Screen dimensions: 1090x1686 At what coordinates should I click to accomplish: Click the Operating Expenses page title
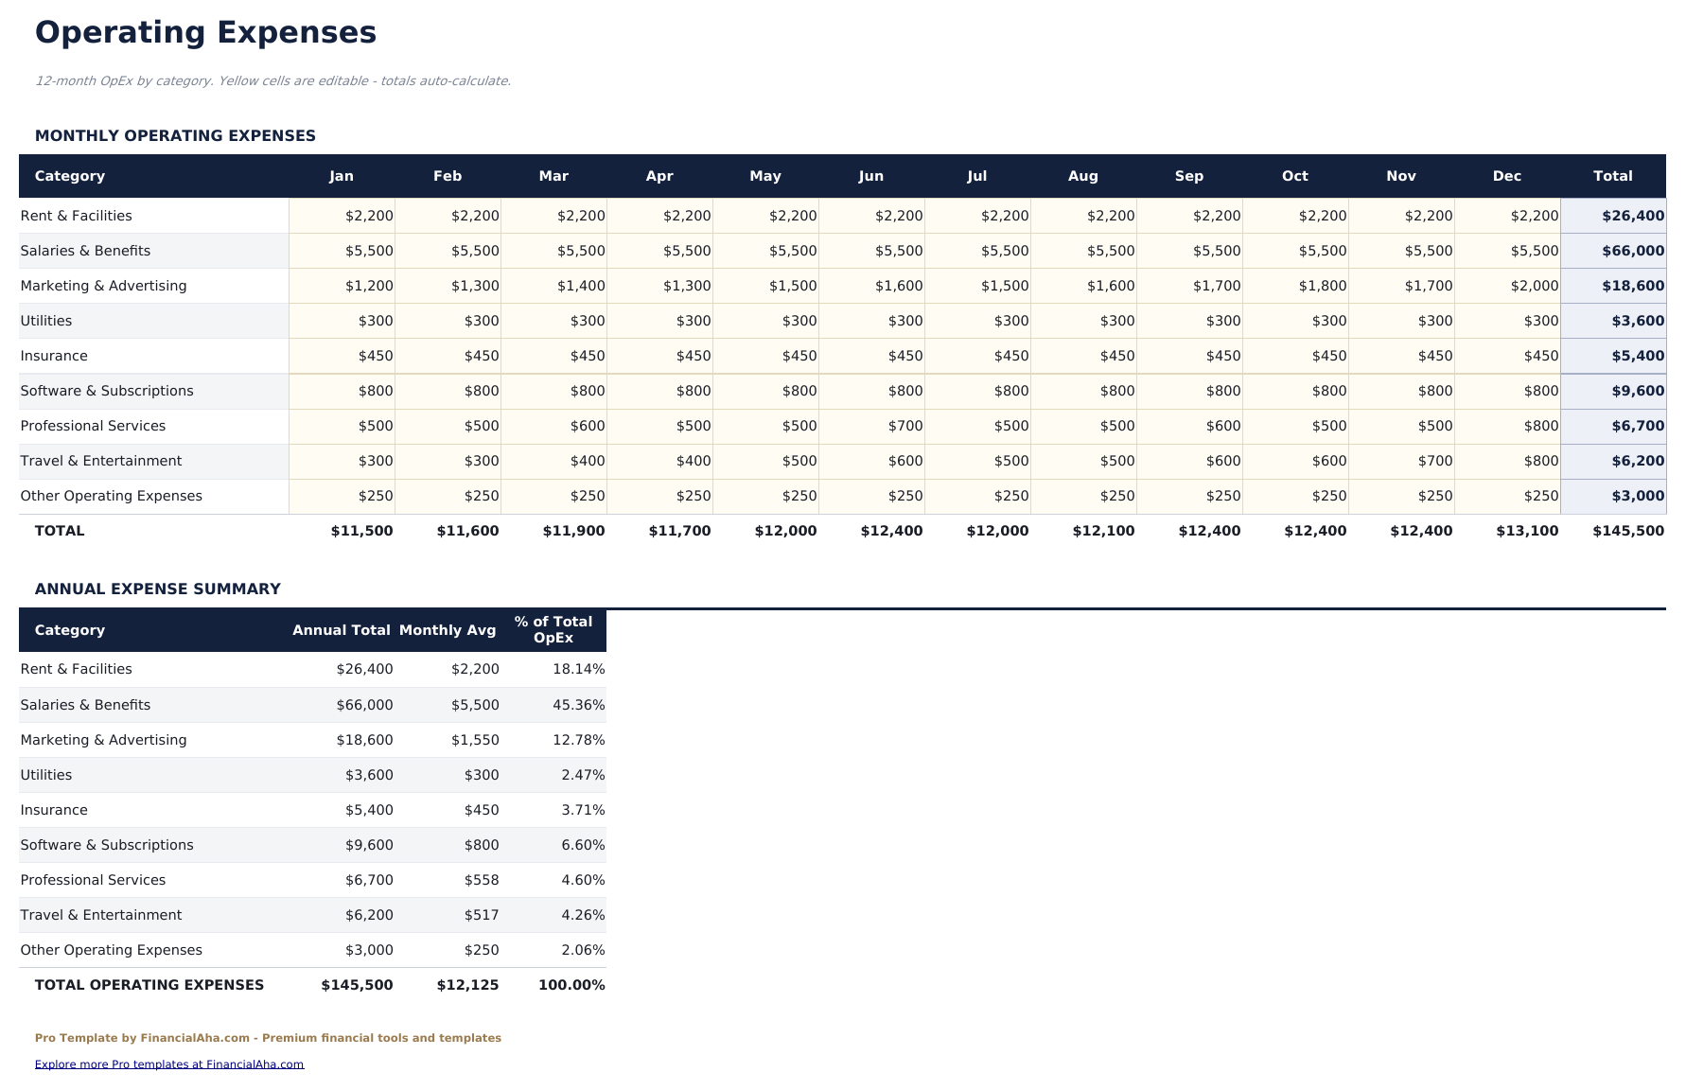205,33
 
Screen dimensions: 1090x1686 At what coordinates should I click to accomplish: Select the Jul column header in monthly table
976,176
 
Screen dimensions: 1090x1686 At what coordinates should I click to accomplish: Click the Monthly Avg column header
447,630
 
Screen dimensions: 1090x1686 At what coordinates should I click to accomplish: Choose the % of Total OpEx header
553,629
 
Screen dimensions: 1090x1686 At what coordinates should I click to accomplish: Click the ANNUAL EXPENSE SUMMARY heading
157,589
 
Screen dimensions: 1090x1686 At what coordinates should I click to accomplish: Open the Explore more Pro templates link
168,1064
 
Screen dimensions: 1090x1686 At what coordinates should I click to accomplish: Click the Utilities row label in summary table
46,775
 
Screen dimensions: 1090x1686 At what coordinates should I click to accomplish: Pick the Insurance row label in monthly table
54,356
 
